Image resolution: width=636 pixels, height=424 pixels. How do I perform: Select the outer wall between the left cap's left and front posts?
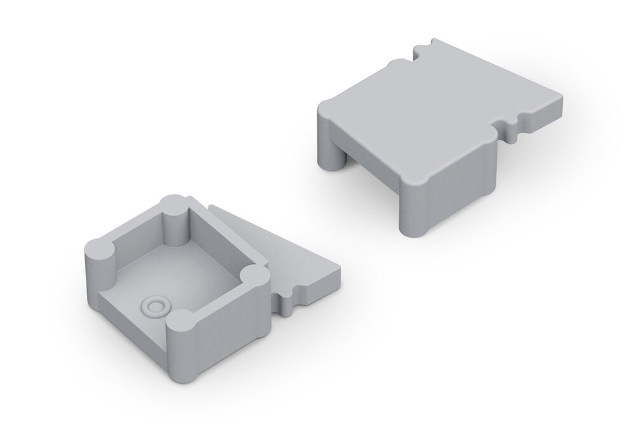127,311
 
